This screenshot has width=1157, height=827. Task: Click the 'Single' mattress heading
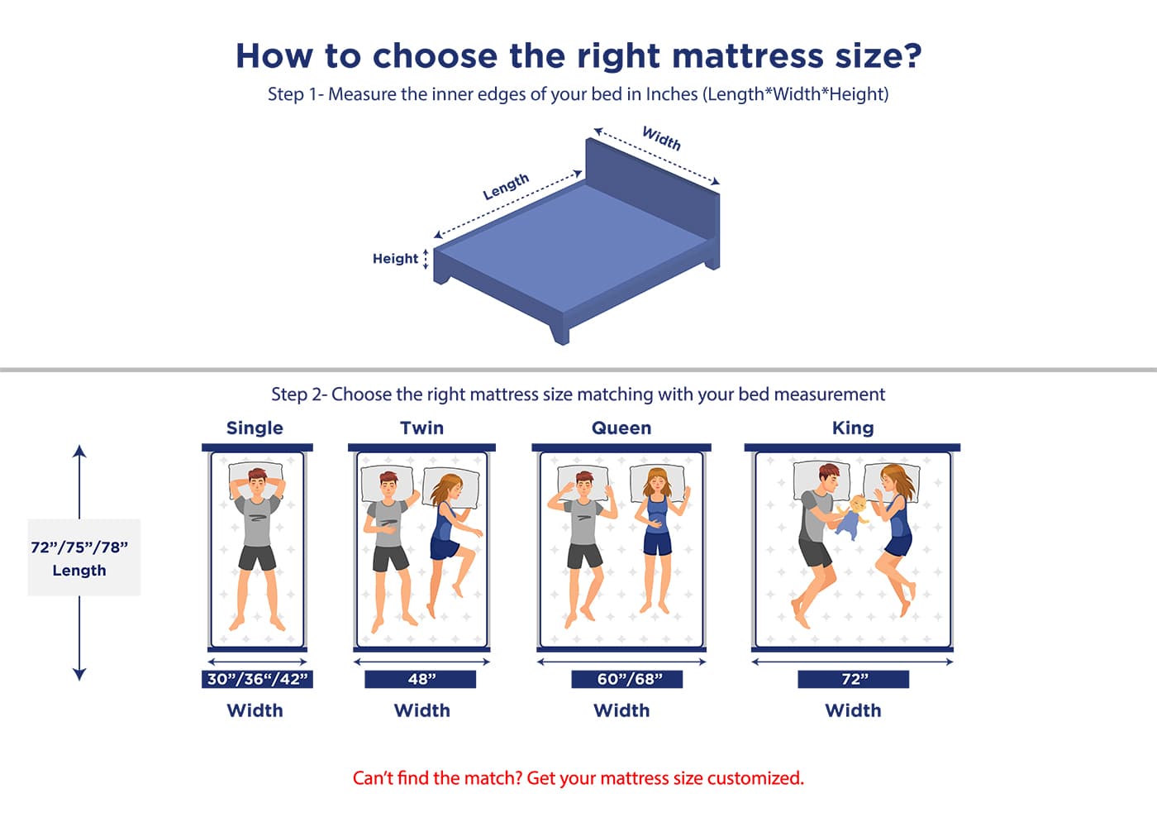(x=255, y=428)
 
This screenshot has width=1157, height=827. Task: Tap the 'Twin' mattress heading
(x=422, y=428)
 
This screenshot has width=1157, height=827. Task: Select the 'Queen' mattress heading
(x=621, y=428)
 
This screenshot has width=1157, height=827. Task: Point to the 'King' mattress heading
(x=853, y=428)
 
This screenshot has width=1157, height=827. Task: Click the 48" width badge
(x=421, y=679)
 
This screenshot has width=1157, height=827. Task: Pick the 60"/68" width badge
(x=627, y=679)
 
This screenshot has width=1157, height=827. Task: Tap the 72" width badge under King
(x=853, y=679)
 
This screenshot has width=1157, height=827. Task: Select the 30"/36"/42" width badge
(x=257, y=679)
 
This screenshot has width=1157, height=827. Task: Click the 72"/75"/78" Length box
(x=84, y=557)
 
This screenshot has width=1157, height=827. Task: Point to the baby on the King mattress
(x=851, y=518)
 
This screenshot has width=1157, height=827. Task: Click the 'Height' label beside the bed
(x=395, y=258)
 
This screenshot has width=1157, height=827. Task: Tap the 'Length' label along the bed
(x=506, y=187)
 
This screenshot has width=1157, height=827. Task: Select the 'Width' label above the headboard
(x=662, y=139)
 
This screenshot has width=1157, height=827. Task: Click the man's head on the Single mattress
(x=257, y=481)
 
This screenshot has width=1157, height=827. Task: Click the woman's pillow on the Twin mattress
(x=451, y=486)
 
